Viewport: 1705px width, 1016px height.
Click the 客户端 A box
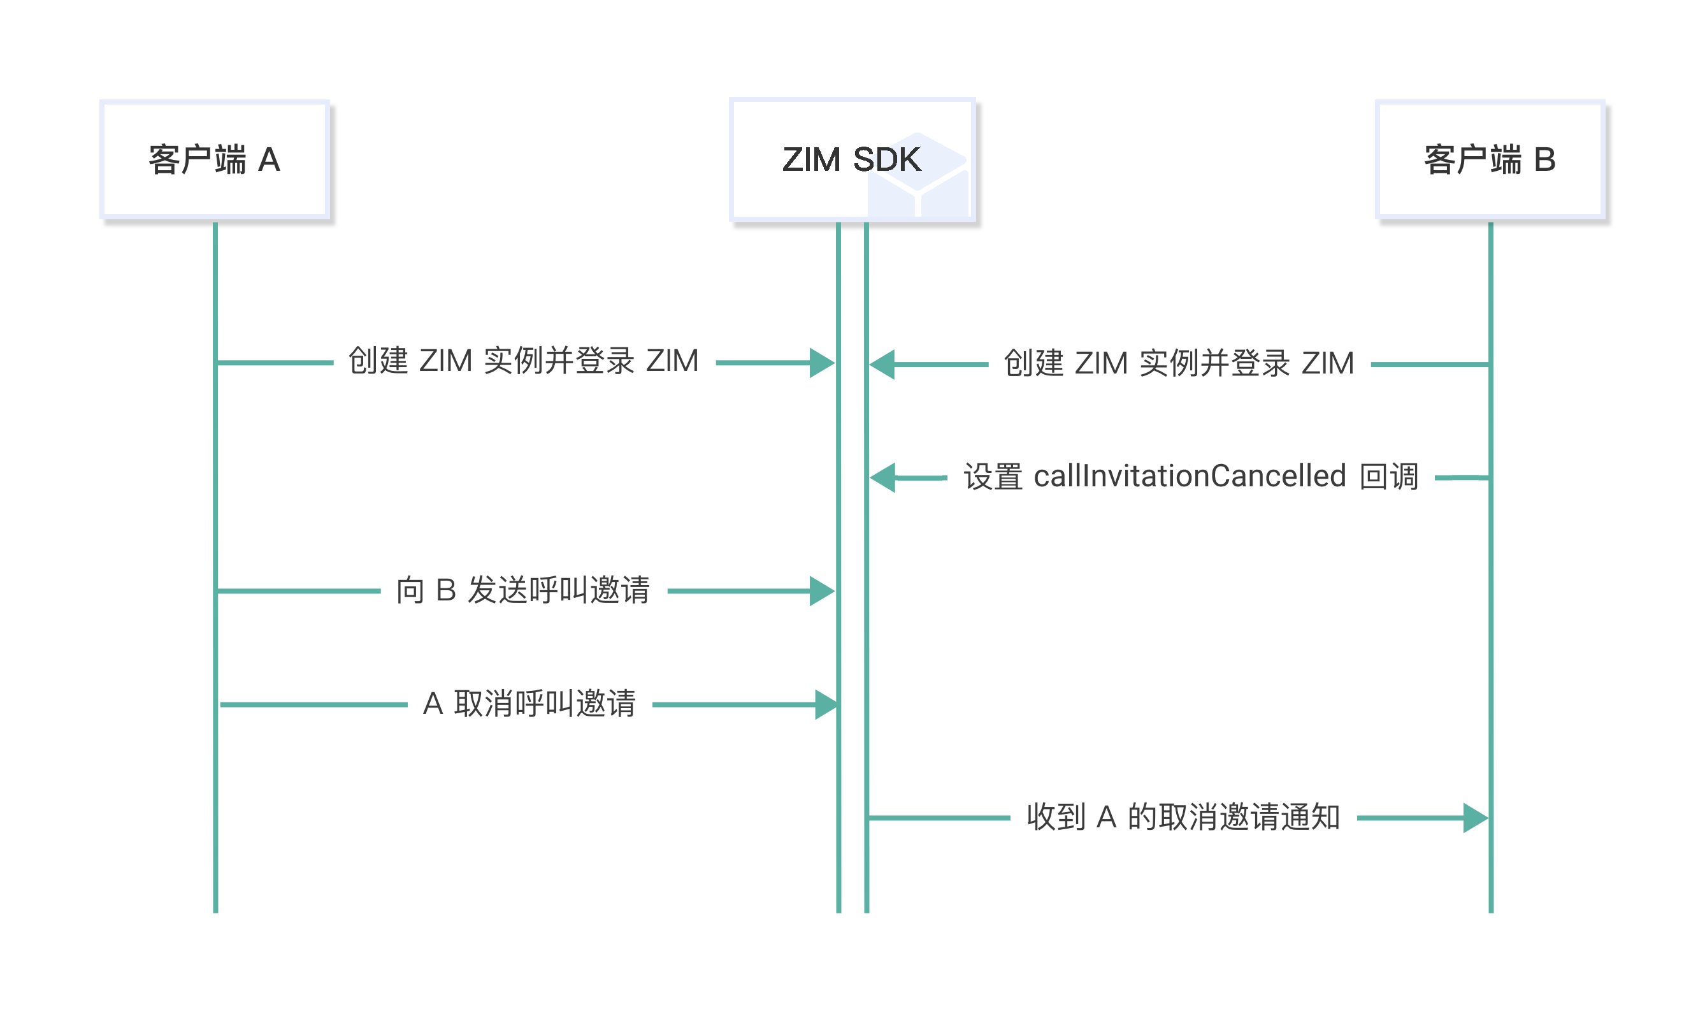pyautogui.click(x=215, y=159)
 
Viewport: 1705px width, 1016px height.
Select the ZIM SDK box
pyautogui.click(x=852, y=159)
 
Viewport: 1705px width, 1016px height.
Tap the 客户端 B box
pyautogui.click(x=1490, y=159)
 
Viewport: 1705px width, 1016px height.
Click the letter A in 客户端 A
pyautogui.click(x=269, y=160)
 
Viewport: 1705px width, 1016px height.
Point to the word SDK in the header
pyautogui.click(x=887, y=159)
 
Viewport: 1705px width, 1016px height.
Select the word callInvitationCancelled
pyautogui.click(x=1189, y=477)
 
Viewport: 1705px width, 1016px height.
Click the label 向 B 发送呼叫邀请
pyautogui.click(x=523, y=590)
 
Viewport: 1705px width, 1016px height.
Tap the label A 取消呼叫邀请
pyautogui.click(x=529, y=704)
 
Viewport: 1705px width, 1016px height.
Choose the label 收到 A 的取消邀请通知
pyautogui.click(x=1183, y=816)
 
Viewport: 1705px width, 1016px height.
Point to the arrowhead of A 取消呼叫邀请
pyautogui.click(x=826, y=704)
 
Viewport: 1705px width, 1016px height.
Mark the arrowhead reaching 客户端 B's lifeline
pyautogui.click(x=1475, y=818)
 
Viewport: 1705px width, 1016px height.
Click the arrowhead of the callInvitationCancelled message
pyautogui.click(x=882, y=477)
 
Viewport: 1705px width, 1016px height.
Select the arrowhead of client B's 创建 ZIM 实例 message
pyautogui.click(x=882, y=364)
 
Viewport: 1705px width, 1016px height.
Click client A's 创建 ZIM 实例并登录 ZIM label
pyautogui.click(x=523, y=361)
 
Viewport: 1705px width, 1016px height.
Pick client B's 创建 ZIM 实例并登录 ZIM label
pyautogui.click(x=1179, y=363)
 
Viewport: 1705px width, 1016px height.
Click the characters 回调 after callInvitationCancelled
pyautogui.click(x=1389, y=477)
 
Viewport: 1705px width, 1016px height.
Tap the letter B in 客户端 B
pyautogui.click(x=1544, y=160)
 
